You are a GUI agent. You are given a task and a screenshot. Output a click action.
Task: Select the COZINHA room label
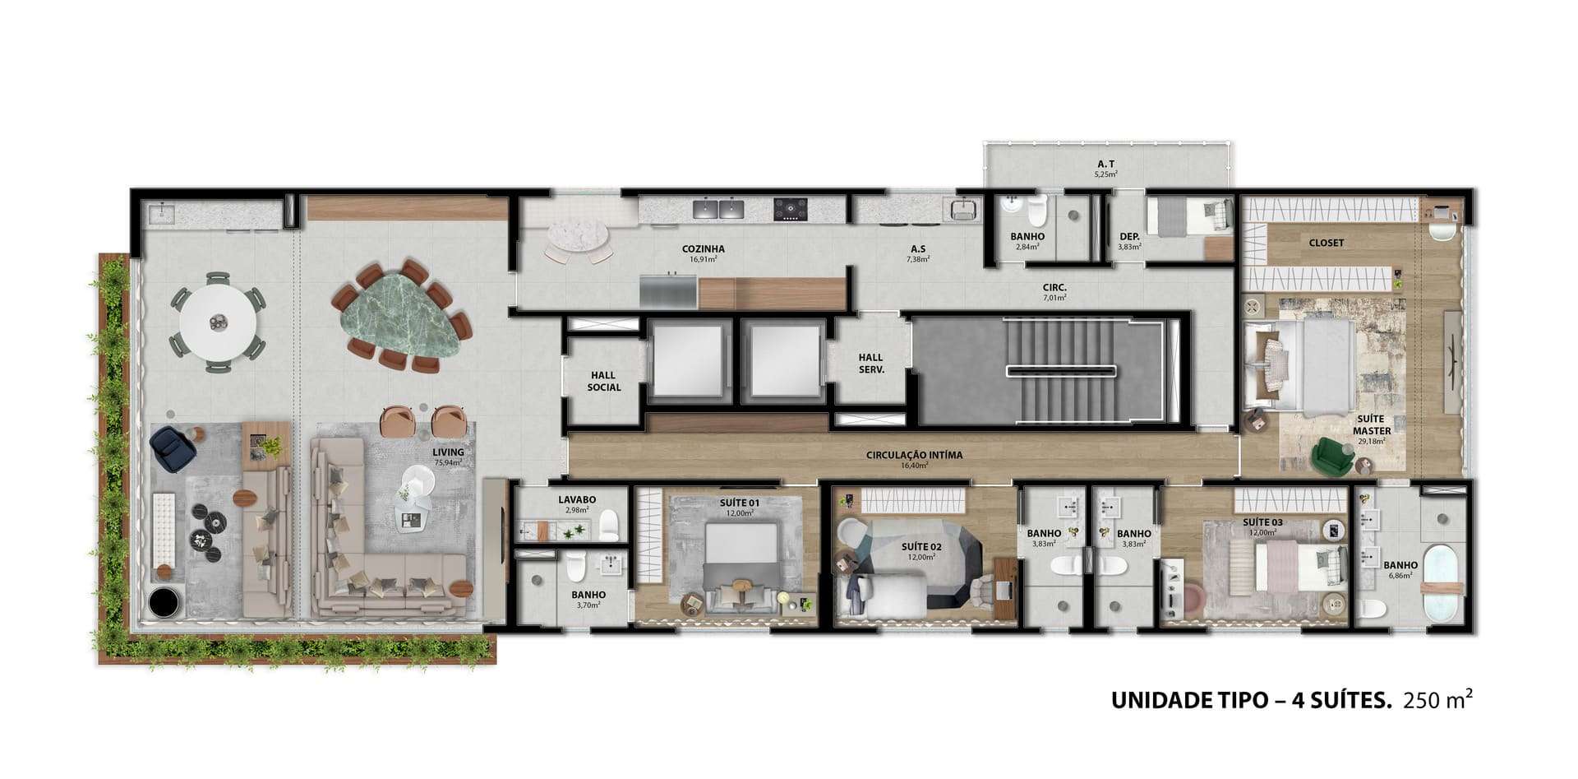703,249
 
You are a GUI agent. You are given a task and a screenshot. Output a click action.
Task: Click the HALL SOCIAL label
603,382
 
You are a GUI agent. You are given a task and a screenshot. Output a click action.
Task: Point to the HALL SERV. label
870,364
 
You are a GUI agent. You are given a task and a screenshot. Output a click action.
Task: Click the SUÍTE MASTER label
1372,424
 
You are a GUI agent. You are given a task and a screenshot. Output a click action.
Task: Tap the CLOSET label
1327,243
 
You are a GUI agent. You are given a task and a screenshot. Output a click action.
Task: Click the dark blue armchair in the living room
173,448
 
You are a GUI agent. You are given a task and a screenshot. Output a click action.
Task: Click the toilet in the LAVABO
608,526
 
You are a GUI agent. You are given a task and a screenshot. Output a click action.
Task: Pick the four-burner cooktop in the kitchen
790,209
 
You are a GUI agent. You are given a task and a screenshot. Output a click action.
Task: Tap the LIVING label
449,452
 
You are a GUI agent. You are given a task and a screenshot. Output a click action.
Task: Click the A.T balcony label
1105,164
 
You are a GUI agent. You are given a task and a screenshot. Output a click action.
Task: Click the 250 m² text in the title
1437,700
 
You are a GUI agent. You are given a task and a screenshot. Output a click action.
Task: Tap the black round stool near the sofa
164,602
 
